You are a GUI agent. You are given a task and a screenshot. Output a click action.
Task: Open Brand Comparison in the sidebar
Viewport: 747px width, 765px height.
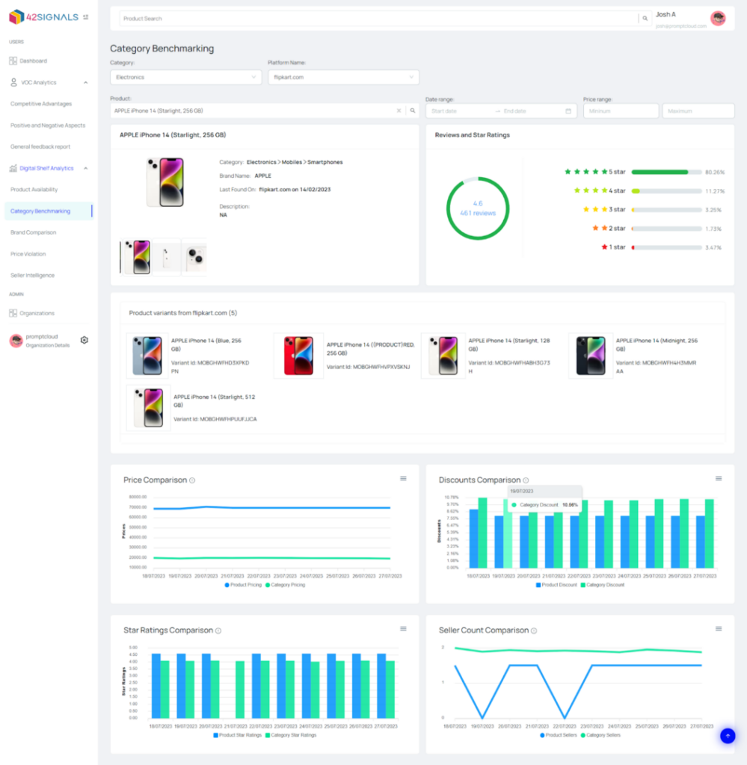click(x=33, y=232)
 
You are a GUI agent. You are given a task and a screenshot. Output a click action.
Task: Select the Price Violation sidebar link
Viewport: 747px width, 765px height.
click(x=28, y=254)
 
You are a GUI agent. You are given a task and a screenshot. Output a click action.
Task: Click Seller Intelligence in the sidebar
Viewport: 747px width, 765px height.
click(x=32, y=275)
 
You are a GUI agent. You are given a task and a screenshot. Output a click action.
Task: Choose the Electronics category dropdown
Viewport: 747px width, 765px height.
click(x=185, y=77)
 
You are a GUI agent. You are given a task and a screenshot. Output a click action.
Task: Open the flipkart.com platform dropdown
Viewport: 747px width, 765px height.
click(x=343, y=77)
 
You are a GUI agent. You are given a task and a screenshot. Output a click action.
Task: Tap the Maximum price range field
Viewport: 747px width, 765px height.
click(x=698, y=111)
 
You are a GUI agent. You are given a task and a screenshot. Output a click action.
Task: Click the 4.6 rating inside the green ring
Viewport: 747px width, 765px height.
click(x=478, y=203)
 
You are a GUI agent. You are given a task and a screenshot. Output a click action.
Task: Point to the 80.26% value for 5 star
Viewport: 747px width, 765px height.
click(x=714, y=172)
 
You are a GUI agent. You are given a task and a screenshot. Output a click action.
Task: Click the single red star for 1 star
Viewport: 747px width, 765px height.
click(x=603, y=247)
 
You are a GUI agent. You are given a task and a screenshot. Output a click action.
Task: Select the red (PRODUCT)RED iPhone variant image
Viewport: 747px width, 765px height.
click(x=298, y=356)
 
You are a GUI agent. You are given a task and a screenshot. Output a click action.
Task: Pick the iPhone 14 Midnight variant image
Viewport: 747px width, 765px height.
click(x=591, y=356)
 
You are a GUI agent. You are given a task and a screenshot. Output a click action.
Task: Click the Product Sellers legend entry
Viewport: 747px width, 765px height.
click(x=556, y=735)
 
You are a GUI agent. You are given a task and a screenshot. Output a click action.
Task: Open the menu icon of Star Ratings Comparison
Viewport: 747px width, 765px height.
click(x=403, y=629)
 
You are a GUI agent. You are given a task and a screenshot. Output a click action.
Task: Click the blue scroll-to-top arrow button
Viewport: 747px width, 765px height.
click(x=727, y=736)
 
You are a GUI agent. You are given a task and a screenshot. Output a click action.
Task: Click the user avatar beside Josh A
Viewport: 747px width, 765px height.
click(x=718, y=18)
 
